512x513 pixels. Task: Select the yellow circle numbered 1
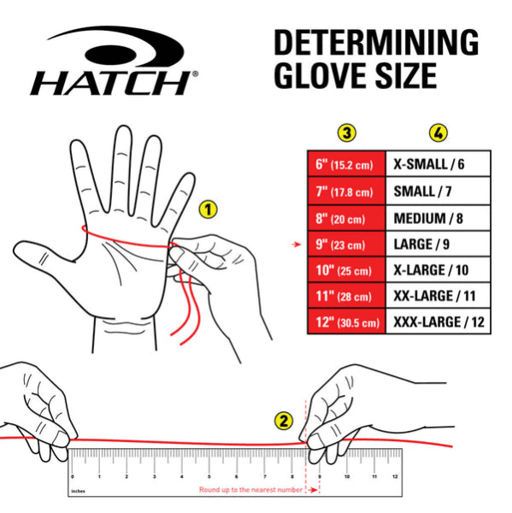208,208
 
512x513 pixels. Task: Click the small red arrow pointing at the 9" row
297,245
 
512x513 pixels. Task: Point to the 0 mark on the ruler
73,475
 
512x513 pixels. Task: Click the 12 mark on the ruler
394,475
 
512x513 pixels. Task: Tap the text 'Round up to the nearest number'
250,490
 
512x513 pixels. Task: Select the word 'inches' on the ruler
79,491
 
